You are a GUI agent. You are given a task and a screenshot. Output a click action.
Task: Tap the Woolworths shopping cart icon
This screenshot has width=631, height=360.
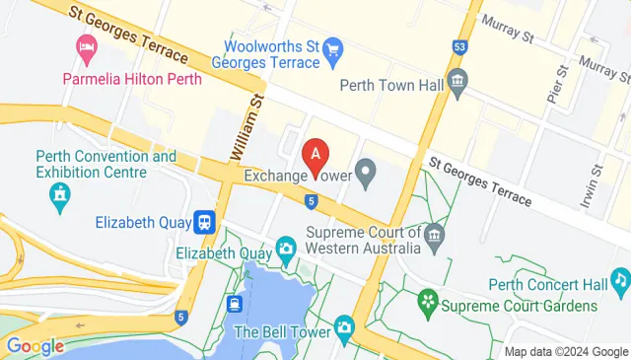[x=333, y=46]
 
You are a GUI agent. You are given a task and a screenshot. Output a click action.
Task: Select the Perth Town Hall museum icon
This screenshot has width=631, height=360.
[x=456, y=83]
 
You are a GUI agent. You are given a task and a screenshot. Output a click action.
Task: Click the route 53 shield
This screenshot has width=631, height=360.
[x=459, y=46]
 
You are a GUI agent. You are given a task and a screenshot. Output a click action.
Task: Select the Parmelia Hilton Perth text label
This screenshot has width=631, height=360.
[x=132, y=79]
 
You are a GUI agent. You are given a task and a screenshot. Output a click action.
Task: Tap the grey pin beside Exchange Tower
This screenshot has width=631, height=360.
[x=366, y=177]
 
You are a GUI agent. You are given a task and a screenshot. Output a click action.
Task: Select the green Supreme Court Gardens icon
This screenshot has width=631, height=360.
[x=428, y=298]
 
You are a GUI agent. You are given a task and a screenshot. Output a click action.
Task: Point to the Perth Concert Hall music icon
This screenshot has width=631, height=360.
[x=619, y=285]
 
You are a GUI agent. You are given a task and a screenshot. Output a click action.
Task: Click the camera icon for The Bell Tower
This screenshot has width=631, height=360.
[x=344, y=326]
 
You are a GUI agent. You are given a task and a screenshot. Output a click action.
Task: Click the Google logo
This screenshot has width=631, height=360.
[x=35, y=346]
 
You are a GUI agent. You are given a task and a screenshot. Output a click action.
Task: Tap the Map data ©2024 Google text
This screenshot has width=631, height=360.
[x=566, y=351]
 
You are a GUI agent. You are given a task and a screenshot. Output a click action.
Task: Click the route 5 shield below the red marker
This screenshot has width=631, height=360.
[x=311, y=201]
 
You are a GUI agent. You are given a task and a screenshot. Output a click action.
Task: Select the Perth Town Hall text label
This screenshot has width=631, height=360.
[x=390, y=84]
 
